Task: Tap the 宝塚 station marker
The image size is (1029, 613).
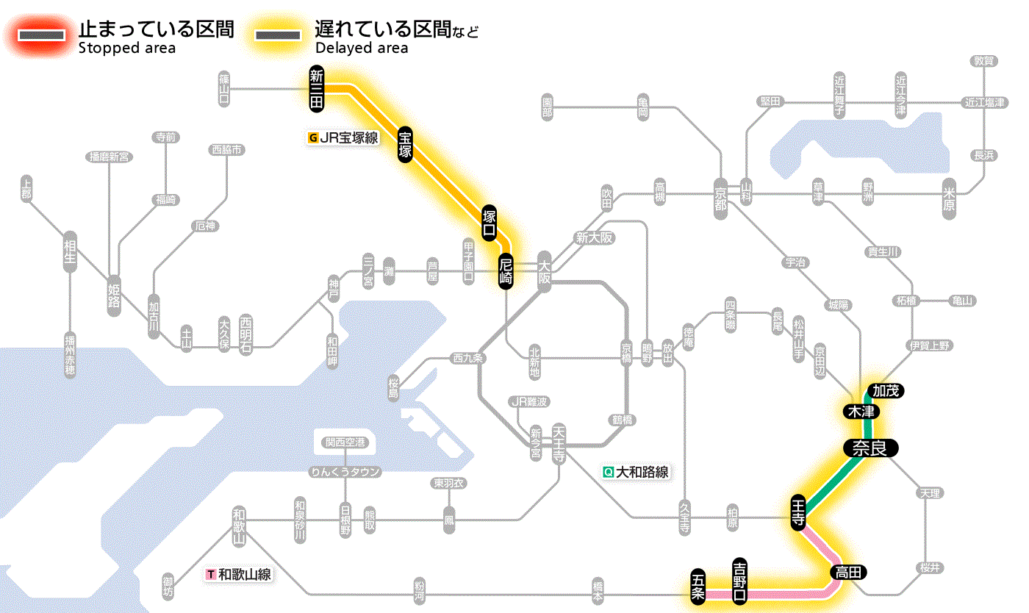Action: point(405,144)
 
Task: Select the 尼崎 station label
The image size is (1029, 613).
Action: point(506,270)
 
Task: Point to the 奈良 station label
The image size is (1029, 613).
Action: point(870,448)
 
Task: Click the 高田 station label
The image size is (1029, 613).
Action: point(849,572)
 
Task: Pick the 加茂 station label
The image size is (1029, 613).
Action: point(884,390)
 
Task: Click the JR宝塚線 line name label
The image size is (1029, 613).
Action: point(344,137)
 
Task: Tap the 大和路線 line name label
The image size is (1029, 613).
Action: point(637,472)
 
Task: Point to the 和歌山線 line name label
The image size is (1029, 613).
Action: point(240,574)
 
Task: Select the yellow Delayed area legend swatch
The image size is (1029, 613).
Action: point(277,35)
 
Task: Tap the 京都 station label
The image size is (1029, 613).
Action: point(721,195)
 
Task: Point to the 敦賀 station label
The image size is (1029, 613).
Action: point(984,61)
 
